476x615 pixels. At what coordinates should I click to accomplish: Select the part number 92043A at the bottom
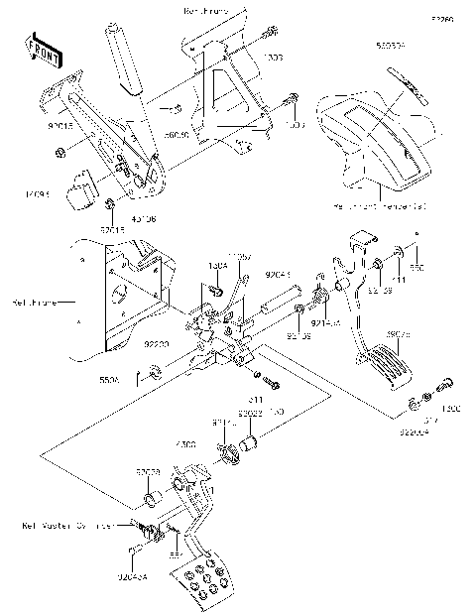[x=146, y=575]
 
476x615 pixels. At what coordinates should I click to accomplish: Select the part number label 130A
[x=217, y=268]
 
